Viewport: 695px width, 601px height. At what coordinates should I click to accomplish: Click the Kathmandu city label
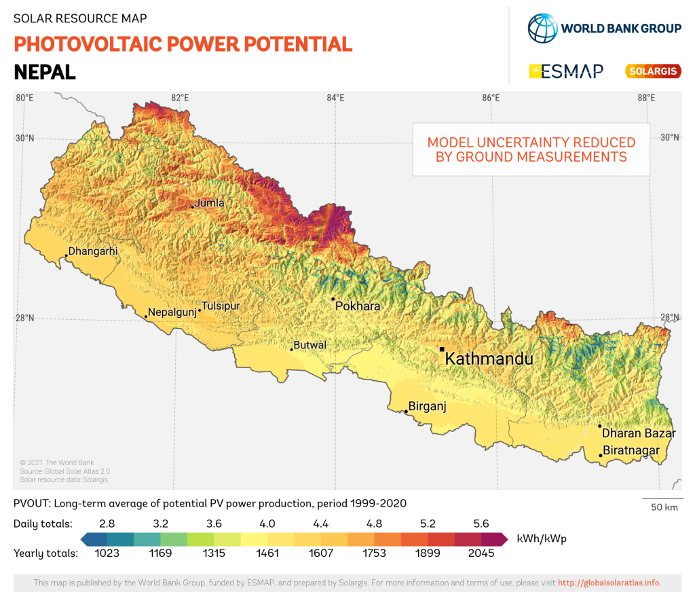[489, 359]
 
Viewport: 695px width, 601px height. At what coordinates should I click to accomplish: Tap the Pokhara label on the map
[358, 306]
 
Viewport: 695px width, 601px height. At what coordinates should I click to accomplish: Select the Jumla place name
[209, 202]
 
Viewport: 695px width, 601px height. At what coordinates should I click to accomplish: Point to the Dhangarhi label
[93, 251]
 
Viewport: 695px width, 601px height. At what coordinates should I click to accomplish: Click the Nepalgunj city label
[172, 312]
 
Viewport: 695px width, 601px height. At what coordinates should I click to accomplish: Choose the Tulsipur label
[221, 306]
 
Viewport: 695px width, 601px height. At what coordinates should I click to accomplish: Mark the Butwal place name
[310, 345]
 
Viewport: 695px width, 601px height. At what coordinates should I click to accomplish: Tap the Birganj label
[427, 407]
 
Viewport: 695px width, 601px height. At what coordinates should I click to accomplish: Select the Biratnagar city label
[631, 450]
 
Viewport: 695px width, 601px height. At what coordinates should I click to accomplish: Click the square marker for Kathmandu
[442, 349]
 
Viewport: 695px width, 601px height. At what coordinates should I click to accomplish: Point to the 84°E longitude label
[335, 98]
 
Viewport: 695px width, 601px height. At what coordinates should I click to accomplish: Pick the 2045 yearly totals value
[481, 553]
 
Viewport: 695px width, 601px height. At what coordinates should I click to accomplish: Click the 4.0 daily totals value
[267, 524]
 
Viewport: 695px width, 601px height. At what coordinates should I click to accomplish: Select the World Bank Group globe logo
[542, 28]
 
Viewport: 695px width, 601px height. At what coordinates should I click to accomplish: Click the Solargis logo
[652, 71]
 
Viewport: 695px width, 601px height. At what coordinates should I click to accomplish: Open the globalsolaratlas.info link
[608, 583]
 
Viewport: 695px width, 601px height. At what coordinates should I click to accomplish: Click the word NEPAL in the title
[45, 71]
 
